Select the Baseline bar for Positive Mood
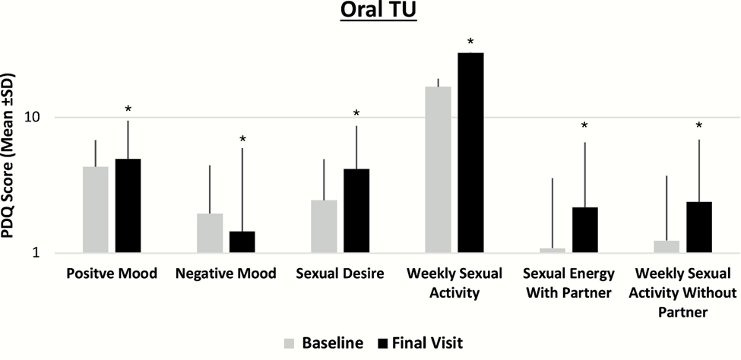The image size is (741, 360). tap(96, 210)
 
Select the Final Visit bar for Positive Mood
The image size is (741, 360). tap(128, 206)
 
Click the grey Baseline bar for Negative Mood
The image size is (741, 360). tap(210, 233)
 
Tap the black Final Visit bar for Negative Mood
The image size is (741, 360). tap(242, 242)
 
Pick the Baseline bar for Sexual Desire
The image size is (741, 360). tap(324, 226)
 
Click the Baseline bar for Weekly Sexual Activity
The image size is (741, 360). tap(439, 169)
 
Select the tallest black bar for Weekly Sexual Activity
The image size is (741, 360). tap(471, 152)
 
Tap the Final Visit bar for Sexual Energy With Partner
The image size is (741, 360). tap(585, 229)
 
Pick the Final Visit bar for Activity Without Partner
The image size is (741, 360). tap(699, 227)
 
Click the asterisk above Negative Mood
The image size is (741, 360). tap(242, 140)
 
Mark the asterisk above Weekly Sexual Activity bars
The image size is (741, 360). tap(471, 42)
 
